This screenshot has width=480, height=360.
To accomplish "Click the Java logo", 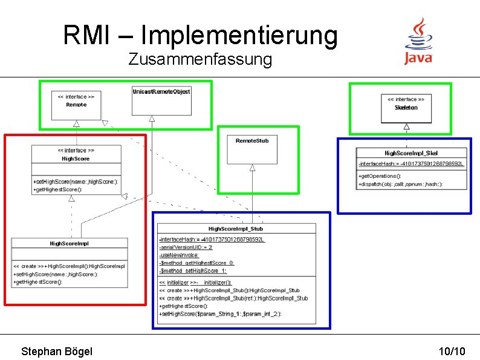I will (418, 41).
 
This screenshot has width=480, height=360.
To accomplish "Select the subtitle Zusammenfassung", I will (200, 60).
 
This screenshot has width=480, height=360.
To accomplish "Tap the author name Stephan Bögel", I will (57, 352).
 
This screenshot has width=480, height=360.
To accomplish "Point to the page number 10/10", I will (452, 352).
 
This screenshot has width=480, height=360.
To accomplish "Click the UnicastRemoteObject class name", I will (161, 91).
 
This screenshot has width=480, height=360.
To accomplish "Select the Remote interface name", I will (76, 105).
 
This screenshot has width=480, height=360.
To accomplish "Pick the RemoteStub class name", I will (252, 140).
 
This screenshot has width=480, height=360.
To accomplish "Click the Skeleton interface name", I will (406, 108).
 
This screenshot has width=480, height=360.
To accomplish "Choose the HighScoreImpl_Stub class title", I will (236, 229).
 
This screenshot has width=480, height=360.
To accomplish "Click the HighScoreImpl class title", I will (70, 243).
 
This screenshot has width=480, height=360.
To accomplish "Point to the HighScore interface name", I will (76, 159).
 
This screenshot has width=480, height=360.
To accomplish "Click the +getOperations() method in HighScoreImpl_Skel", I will (380, 176).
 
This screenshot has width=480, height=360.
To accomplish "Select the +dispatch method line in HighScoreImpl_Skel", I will (400, 184).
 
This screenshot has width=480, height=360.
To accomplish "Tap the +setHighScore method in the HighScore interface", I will (76, 182).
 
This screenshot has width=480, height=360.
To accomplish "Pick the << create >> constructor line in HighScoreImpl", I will (69, 266).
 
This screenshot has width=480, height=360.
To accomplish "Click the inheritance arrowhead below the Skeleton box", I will (407, 126).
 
